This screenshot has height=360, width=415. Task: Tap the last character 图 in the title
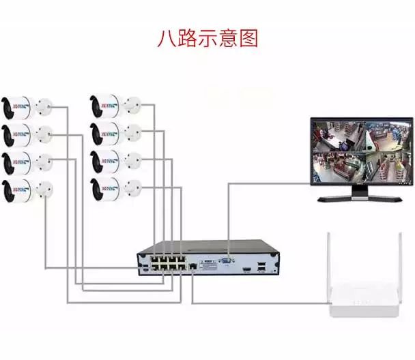click(x=249, y=38)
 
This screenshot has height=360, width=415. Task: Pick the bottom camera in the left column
click(x=18, y=189)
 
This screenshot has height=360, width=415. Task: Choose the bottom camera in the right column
click(x=106, y=185)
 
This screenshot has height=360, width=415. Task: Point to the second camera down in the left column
click(x=18, y=134)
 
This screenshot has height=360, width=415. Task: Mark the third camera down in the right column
click(x=106, y=161)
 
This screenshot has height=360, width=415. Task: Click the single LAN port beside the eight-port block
click(x=193, y=262)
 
